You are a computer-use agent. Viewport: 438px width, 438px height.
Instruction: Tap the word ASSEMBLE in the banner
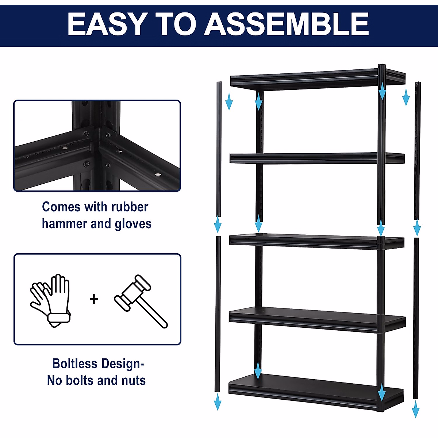tap(287, 24)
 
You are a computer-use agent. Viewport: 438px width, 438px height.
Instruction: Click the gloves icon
tap(50, 299)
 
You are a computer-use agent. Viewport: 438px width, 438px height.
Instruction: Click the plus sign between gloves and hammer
tap(94, 299)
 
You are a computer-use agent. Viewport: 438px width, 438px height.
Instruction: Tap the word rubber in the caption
tap(130, 207)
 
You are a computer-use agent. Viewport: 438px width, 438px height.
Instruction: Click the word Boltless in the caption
tap(75, 364)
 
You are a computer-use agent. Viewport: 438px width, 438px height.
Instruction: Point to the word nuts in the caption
tap(134, 380)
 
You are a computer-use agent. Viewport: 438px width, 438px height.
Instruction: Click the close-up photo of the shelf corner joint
tap(97, 146)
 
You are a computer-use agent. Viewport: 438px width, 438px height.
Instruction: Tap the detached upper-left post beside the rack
tap(219, 150)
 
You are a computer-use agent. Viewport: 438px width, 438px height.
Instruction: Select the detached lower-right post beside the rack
tap(416, 318)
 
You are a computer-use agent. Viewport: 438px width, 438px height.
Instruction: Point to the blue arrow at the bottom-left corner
tap(218, 401)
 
